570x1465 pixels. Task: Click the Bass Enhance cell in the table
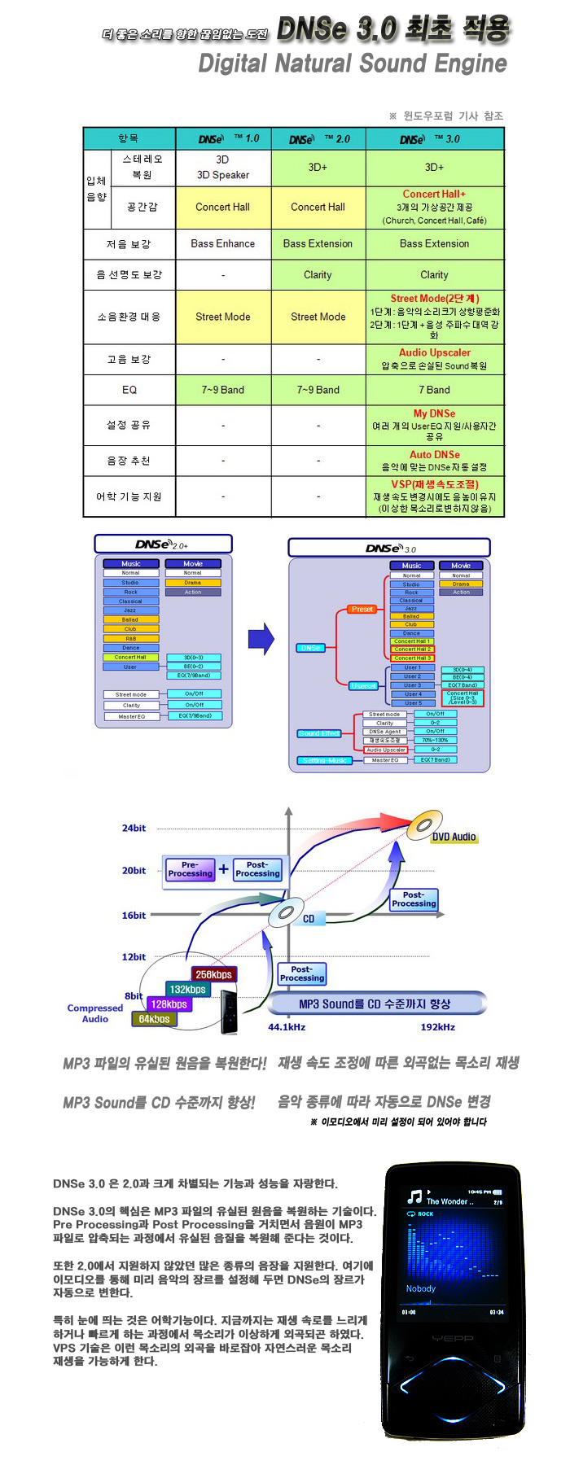click(x=222, y=243)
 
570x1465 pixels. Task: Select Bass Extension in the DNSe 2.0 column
click(x=318, y=243)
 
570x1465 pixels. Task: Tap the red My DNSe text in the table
click(x=434, y=413)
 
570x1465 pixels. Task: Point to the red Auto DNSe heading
click(x=434, y=455)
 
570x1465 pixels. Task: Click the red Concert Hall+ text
click(x=434, y=195)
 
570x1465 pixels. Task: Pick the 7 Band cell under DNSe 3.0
click(x=434, y=390)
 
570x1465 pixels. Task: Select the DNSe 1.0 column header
click(x=223, y=138)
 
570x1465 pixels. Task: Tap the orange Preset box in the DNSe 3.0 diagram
click(x=362, y=609)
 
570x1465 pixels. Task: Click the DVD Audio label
click(x=454, y=837)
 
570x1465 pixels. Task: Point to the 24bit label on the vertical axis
click(x=134, y=829)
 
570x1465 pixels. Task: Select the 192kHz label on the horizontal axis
click(x=437, y=1027)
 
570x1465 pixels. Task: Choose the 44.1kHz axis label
click(x=287, y=1027)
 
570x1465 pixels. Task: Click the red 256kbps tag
click(x=213, y=974)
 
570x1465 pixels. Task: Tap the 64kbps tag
click(x=154, y=1019)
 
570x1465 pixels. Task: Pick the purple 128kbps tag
click(x=169, y=1004)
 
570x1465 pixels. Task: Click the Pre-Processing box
click(x=190, y=869)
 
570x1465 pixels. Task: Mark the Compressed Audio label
click(x=95, y=1013)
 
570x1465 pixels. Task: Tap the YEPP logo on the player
click(x=453, y=1338)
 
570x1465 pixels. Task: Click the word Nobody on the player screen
click(x=421, y=1288)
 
